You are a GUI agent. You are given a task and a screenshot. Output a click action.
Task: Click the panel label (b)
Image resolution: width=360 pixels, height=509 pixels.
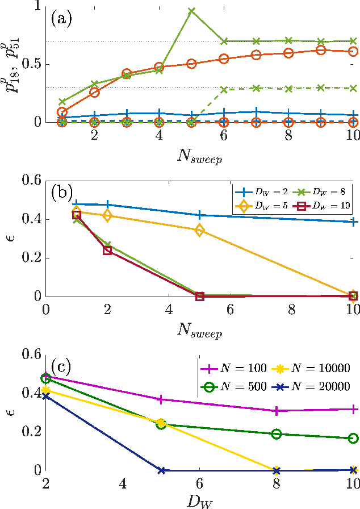[x=61, y=192]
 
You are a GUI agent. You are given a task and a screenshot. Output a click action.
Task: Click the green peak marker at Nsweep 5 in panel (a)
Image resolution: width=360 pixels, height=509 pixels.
[x=191, y=11]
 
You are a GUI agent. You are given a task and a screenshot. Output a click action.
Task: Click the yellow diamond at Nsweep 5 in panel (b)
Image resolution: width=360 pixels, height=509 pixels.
[x=199, y=230]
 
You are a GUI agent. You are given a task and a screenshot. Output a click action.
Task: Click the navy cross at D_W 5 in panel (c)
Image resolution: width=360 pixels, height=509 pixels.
[x=161, y=470]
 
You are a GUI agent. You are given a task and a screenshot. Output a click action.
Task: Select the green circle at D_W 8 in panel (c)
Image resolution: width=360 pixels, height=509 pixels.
[x=277, y=434]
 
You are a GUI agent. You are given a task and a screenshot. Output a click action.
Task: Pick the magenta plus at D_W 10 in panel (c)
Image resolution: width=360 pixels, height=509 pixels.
[x=353, y=409]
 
